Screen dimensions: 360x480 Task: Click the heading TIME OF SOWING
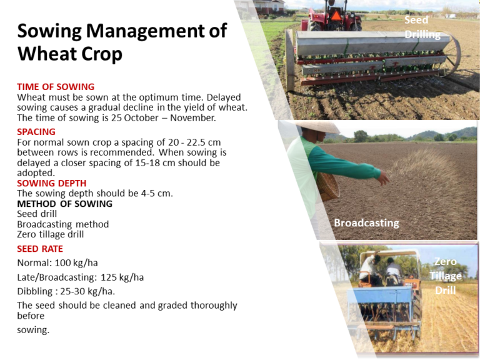tap(56, 87)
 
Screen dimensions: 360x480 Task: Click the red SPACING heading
tap(36, 132)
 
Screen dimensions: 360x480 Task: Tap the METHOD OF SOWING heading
tap(64, 204)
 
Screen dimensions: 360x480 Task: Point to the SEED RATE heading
tap(40, 249)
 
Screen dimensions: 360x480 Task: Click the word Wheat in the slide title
tap(43, 54)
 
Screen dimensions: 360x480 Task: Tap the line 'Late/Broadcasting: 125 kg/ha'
tap(80, 277)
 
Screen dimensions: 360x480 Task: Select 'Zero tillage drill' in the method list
tap(50, 234)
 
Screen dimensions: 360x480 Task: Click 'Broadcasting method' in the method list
tap(62, 224)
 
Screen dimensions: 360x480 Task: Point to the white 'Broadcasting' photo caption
tap(366, 222)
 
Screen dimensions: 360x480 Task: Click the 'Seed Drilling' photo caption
tap(422, 27)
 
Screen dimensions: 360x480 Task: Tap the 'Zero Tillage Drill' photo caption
tap(445, 276)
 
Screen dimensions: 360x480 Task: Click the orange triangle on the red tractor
tap(336, 15)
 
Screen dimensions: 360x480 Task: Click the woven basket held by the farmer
tap(328, 186)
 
